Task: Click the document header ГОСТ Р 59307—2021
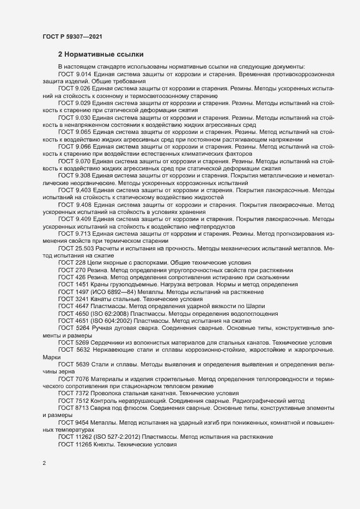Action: coord(71,36)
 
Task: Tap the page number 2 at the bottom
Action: coord(44,464)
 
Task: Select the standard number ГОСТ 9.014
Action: coord(75,72)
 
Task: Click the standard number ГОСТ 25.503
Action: coord(76,248)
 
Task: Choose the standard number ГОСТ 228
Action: coord(70,262)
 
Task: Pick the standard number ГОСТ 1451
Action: coord(72,285)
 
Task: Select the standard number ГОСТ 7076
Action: coord(72,377)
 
